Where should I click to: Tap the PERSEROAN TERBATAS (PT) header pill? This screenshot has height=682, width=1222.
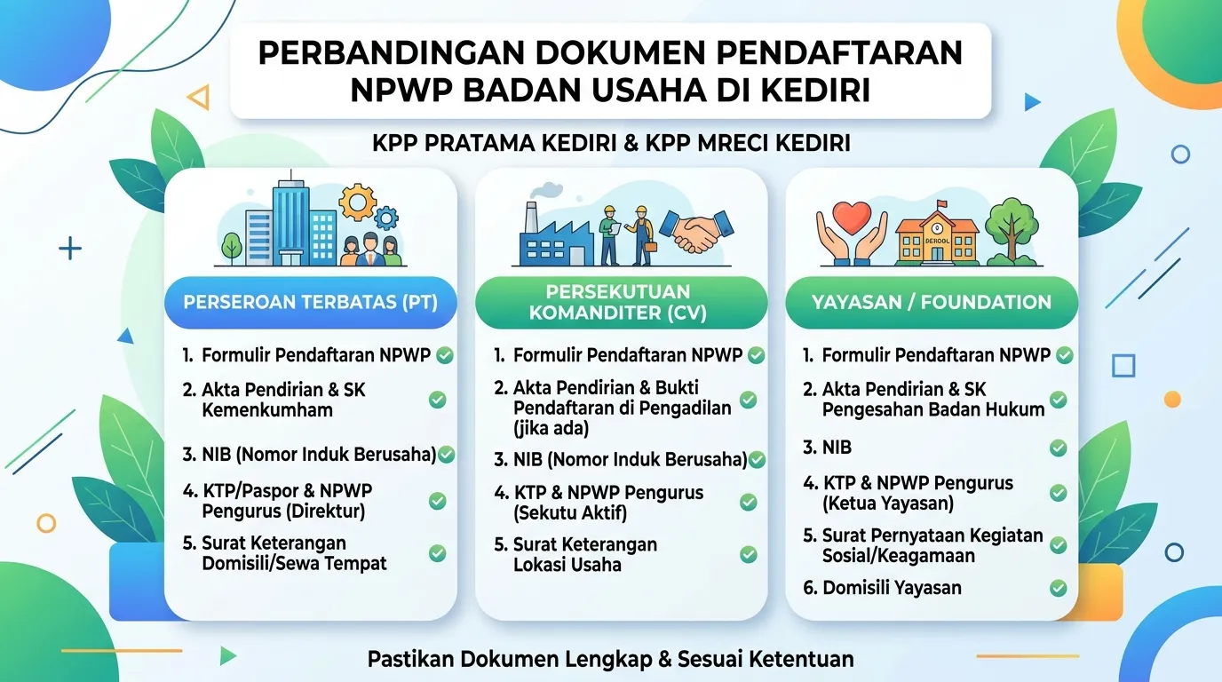coord(311,302)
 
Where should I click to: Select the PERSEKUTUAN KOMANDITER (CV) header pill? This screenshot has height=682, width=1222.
coord(621,302)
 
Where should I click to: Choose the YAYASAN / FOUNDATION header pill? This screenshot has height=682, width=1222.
coord(932,302)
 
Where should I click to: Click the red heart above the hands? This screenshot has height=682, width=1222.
coord(852,218)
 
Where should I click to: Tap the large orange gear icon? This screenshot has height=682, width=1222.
coord(357,202)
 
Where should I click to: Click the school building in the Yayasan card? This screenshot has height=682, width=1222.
coord(937,236)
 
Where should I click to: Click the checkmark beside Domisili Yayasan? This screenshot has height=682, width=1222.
coord(1059,588)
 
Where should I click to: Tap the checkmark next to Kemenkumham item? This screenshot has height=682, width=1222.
coord(437,400)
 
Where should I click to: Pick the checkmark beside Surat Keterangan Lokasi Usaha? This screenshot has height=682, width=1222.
coord(748,554)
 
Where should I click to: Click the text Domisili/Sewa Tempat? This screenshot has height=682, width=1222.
coord(294,564)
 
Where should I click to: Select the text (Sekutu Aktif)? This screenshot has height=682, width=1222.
coord(570,513)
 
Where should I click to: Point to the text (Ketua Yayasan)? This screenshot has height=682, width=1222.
coord(888,503)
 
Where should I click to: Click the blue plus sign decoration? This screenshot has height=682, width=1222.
coord(70,249)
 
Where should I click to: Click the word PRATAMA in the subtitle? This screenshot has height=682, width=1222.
coord(478,143)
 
